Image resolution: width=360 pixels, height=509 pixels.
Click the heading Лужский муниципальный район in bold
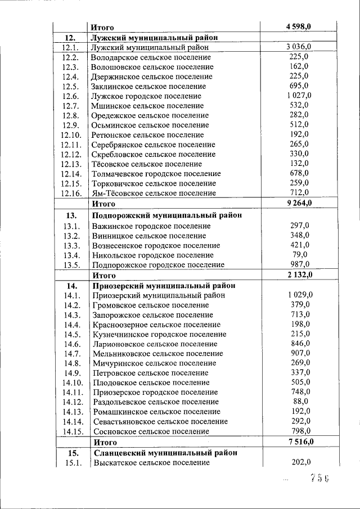click(155, 37)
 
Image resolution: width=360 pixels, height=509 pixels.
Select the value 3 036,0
click(299, 47)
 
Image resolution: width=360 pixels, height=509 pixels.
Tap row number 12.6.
click(71, 96)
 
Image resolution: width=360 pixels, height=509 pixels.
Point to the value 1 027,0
click(299, 96)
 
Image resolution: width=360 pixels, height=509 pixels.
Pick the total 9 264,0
click(299, 203)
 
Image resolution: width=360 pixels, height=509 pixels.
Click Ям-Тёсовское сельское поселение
click(154, 193)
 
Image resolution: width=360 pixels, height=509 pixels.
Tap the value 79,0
click(299, 254)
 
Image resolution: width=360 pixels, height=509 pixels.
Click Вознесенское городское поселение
click(156, 245)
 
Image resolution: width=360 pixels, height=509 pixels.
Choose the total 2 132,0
click(299, 274)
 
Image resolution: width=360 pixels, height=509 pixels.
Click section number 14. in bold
click(71, 285)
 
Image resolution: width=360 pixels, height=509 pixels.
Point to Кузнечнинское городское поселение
click(159, 334)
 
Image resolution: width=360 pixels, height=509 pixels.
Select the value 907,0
click(299, 353)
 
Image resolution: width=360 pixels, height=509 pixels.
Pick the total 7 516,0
click(299, 442)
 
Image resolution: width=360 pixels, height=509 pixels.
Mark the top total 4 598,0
click(299, 26)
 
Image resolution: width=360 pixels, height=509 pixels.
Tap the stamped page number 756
click(319, 479)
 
